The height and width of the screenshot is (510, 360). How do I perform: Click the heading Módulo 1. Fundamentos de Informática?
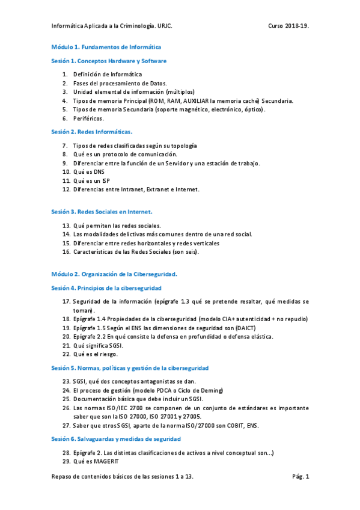tap(106, 46)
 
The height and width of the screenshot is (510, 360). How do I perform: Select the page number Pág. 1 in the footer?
tap(300, 476)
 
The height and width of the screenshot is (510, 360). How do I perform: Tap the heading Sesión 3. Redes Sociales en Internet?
tap(102, 211)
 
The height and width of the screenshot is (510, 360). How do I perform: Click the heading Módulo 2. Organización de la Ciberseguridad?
tap(114, 274)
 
